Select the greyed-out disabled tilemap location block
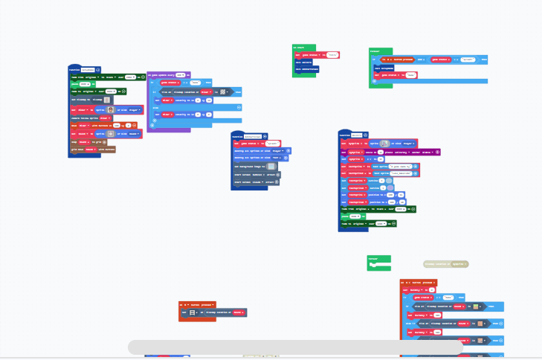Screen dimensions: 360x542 445,264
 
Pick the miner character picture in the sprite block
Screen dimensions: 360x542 112,109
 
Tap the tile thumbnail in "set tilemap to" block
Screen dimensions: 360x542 107,99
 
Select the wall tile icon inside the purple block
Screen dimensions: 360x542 222,92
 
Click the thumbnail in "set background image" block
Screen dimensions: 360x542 271,167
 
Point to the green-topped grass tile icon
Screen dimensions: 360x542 482,324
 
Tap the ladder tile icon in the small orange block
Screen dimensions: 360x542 193,312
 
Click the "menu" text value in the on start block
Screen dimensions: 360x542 332,55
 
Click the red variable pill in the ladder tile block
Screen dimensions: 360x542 237,312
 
